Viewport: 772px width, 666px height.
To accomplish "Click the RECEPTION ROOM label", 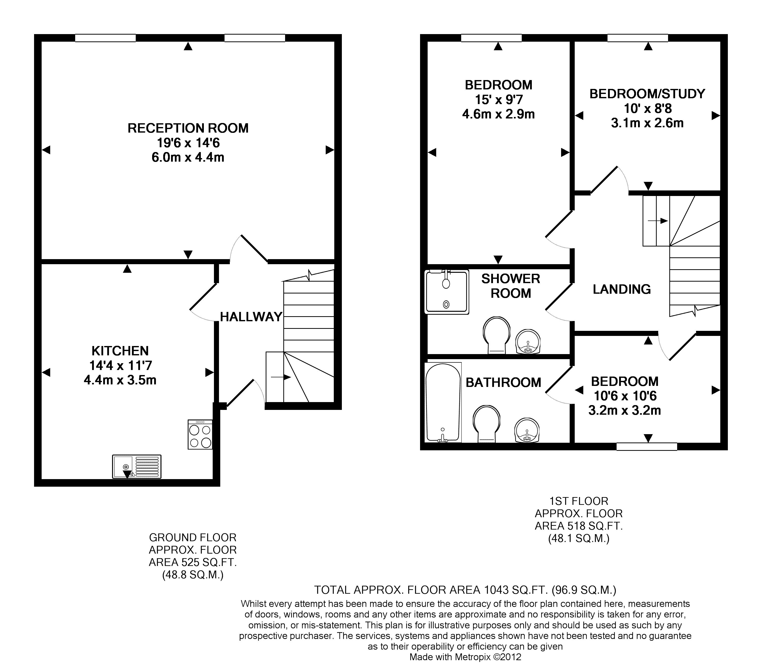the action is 188,128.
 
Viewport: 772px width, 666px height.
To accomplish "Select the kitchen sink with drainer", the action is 137,466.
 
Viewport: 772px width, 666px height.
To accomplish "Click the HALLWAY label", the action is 251,317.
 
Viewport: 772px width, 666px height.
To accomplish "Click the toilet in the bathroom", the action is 487,424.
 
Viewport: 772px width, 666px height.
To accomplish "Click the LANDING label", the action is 622,289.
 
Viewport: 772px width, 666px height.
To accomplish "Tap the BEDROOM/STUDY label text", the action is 648,94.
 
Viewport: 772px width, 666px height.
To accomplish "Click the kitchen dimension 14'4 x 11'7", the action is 120,365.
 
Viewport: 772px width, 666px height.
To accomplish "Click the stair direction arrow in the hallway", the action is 281,377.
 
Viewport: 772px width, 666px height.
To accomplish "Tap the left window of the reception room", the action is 105,38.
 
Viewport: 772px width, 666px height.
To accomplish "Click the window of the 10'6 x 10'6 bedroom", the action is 647,446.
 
